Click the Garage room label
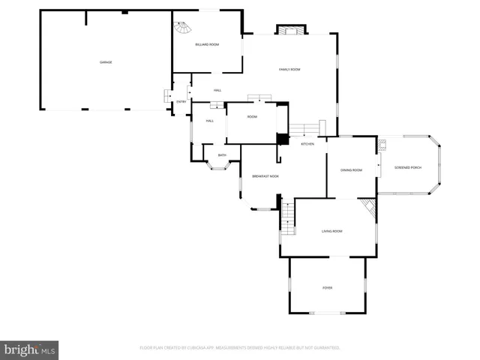pos(106,62)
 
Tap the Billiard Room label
pos(207,45)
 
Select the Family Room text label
pos(289,69)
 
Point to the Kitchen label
pos(307,144)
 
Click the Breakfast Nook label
pos(265,176)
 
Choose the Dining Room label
pos(352,170)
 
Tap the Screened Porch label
pos(408,166)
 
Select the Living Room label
pos(331,231)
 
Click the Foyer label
pos(328,288)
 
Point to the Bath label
pos(222,155)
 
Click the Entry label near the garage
pos(181,102)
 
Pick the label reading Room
pos(252,117)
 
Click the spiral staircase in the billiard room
pos(182,30)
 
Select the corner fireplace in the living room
pos(367,208)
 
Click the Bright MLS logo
pos(29,349)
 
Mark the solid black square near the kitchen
pos(283,139)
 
